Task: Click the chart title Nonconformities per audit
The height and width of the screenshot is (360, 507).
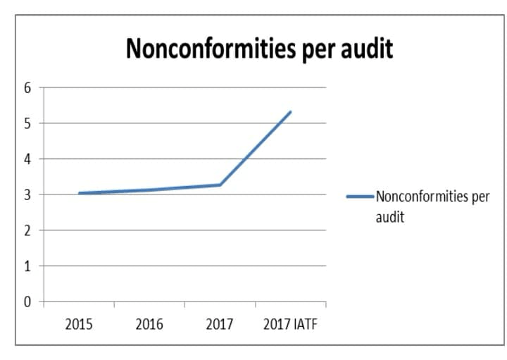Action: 258,48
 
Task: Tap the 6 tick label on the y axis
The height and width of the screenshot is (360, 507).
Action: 27,88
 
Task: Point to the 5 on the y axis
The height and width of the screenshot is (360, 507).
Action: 27,123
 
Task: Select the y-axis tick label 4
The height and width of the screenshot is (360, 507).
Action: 27,159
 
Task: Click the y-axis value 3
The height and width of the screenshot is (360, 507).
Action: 27,195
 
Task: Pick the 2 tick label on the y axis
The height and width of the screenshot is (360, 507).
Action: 27,230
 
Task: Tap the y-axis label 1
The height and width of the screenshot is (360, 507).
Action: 27,266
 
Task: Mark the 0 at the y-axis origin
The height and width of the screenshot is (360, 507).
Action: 27,302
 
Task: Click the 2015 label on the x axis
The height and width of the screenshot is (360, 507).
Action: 79,324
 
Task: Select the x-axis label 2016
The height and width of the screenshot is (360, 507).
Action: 149,324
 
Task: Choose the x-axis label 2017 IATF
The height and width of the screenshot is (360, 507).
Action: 290,324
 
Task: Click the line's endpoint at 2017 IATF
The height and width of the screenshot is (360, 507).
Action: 290,112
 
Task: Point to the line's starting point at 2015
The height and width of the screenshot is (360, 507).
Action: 80,193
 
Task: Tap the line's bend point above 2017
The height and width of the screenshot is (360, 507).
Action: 220,185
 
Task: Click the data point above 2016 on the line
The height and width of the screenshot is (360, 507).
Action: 150,190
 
